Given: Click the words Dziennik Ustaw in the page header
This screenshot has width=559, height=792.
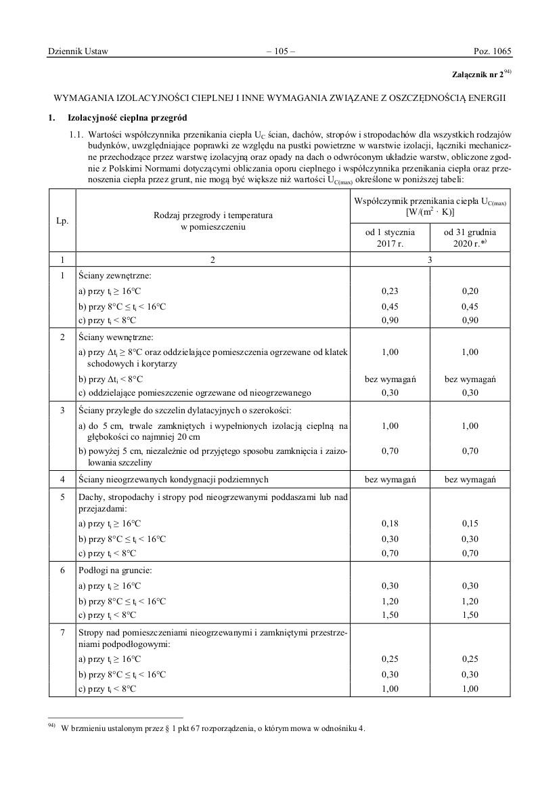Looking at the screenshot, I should (79, 51).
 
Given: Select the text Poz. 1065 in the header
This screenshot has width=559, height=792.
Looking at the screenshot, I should (492, 51).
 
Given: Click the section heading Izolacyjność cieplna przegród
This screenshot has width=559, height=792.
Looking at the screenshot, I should (127, 118).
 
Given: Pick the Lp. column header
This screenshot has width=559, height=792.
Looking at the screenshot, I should (62, 222).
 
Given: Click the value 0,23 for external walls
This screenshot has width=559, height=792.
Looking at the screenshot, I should (389, 291).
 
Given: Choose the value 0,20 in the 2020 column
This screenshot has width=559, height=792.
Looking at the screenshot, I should (470, 291).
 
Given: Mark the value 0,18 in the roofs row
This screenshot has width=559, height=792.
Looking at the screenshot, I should (389, 524).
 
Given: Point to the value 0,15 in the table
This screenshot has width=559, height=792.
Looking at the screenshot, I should (470, 524).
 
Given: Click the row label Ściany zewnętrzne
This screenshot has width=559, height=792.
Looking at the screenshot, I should (114, 276).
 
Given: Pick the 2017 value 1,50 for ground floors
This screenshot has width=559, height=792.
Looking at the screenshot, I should (389, 615).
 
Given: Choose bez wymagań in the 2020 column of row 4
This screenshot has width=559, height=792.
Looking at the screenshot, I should (470, 479).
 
